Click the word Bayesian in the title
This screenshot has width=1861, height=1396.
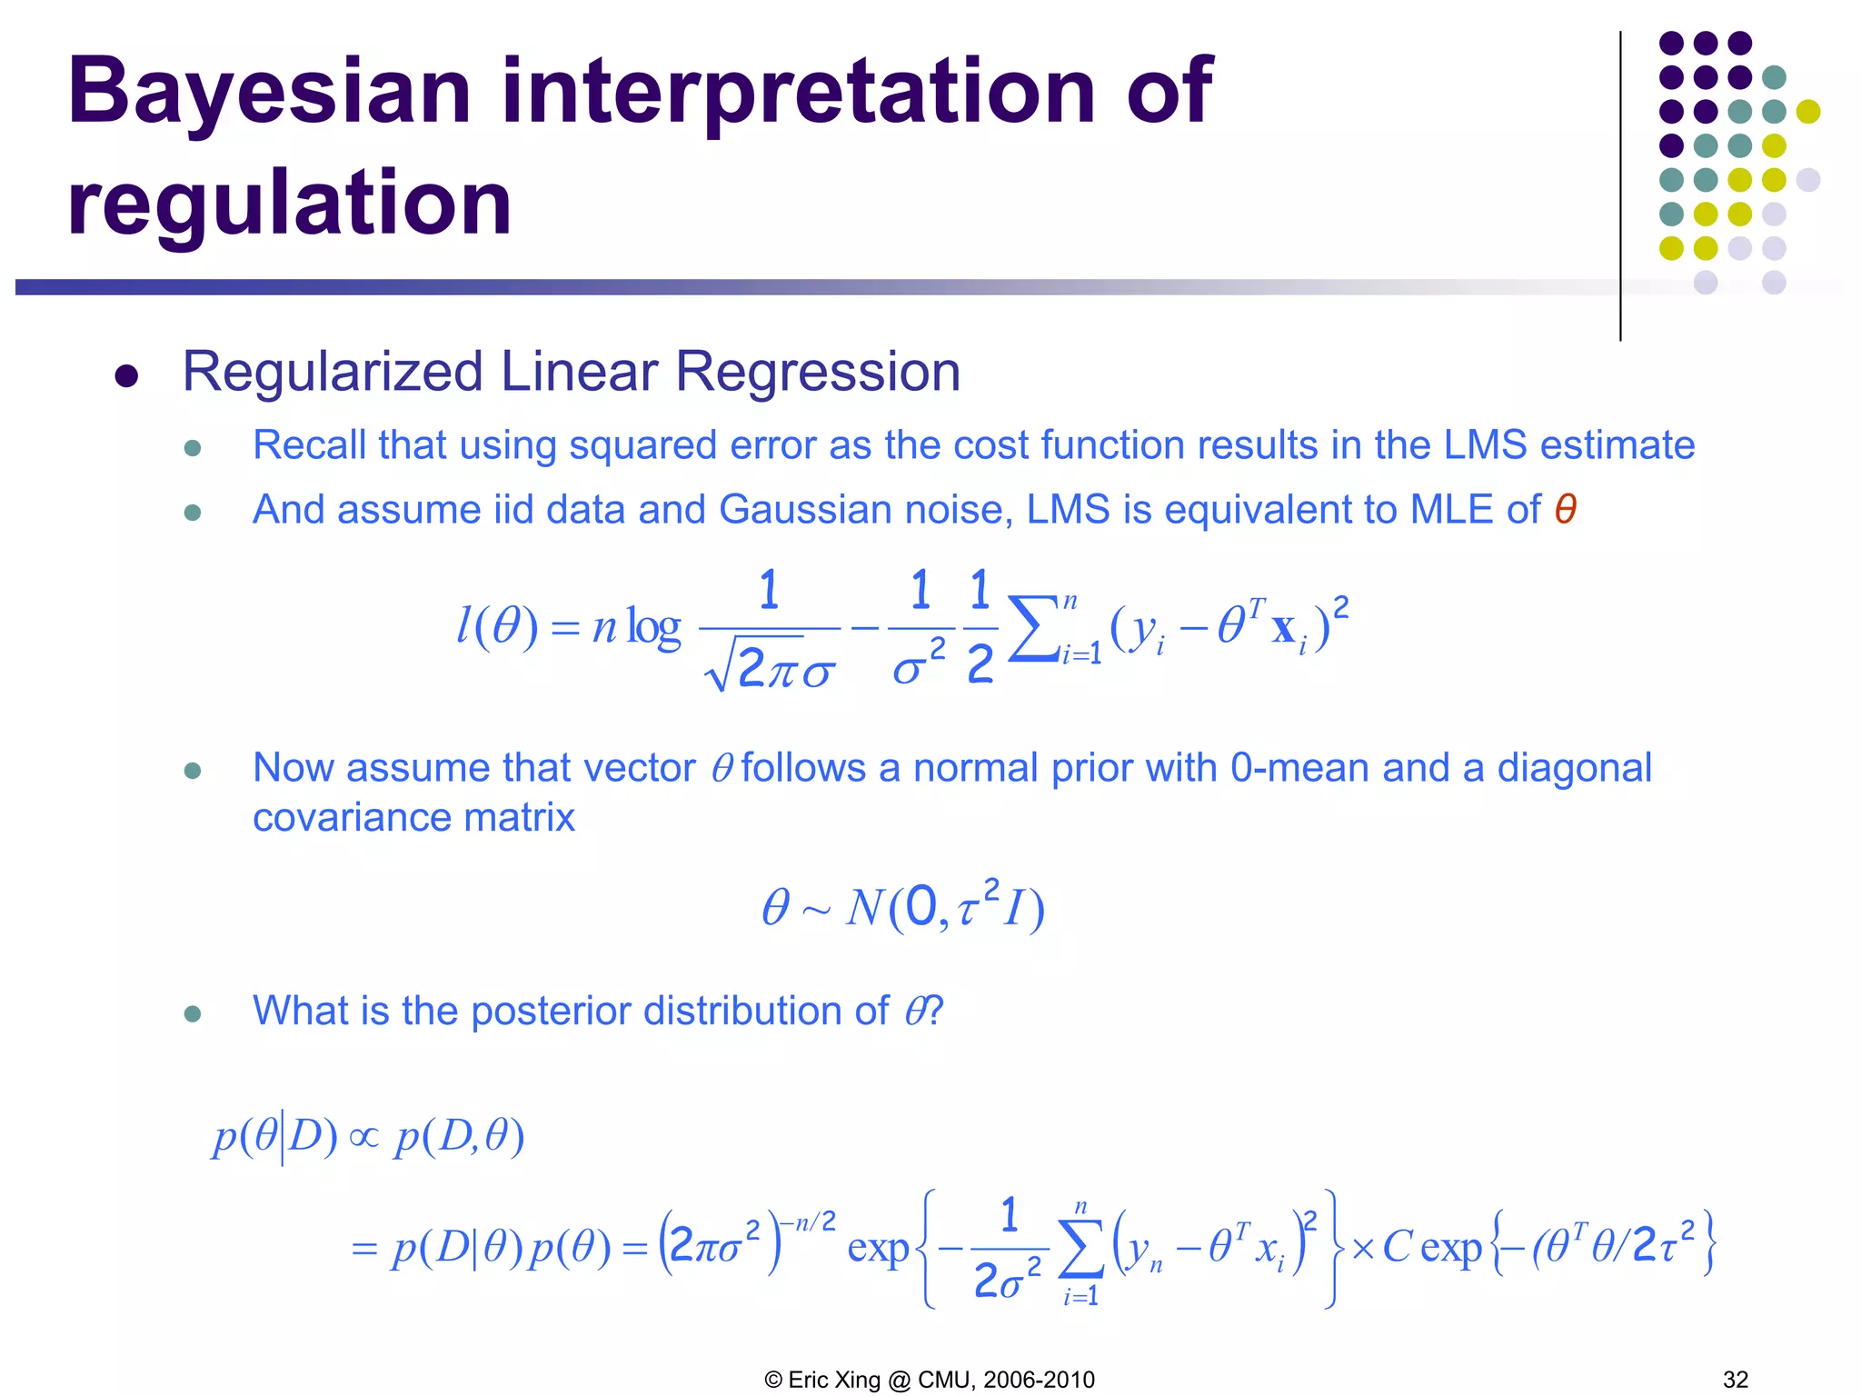[269, 93]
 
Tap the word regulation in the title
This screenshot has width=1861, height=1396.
[289, 204]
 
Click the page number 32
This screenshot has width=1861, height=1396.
[1735, 1380]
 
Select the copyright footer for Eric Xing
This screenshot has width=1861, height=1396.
[930, 1380]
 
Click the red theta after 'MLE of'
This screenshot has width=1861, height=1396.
[1565, 510]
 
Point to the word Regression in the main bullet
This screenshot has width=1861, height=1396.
[817, 372]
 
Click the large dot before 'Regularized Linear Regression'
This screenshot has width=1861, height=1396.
[126, 375]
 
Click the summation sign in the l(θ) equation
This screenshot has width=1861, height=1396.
[1034, 628]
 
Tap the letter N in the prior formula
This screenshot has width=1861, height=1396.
[864, 907]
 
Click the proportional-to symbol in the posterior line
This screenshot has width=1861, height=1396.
[364, 1137]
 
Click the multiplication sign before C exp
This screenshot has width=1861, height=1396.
[1362, 1249]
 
